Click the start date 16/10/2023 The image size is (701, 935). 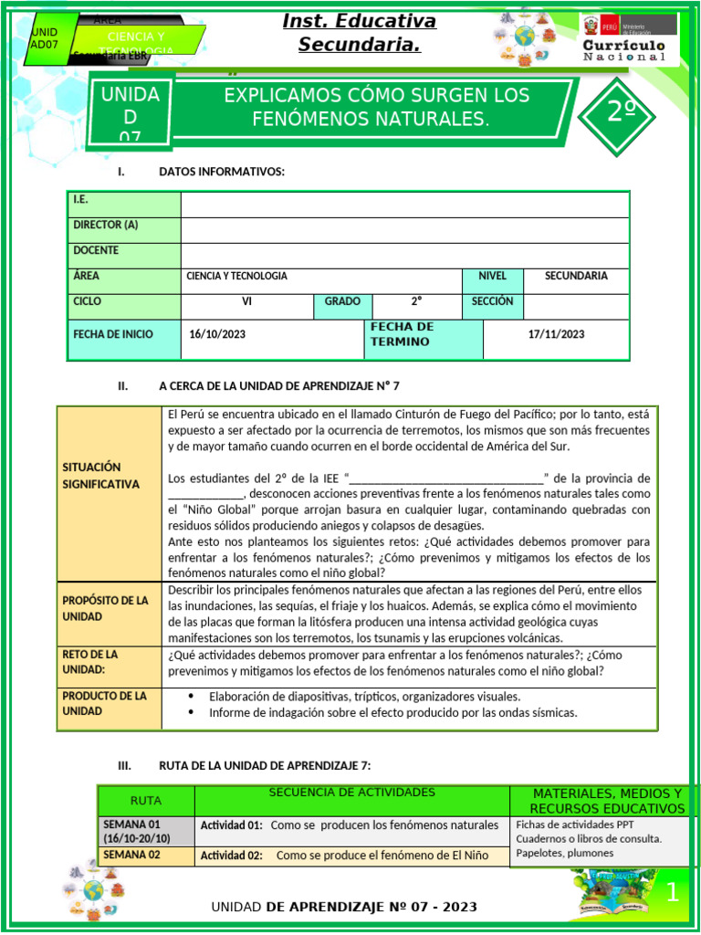click(217, 334)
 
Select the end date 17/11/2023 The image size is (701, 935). click(556, 334)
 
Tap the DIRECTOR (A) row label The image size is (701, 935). click(106, 225)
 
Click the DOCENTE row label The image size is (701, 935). click(96, 250)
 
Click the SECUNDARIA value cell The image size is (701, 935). click(576, 276)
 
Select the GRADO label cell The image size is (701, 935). click(342, 301)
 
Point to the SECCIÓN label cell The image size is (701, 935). click(492, 301)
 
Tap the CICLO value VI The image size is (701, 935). click(246, 301)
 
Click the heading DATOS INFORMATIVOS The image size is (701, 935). click(222, 172)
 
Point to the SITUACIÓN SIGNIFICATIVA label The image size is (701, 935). click(101, 476)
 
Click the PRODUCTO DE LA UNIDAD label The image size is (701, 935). click(105, 703)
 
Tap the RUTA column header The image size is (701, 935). click(146, 801)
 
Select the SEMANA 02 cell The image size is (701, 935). click(131, 855)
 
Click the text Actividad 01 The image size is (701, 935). click(231, 825)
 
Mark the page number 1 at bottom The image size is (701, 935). click(672, 893)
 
